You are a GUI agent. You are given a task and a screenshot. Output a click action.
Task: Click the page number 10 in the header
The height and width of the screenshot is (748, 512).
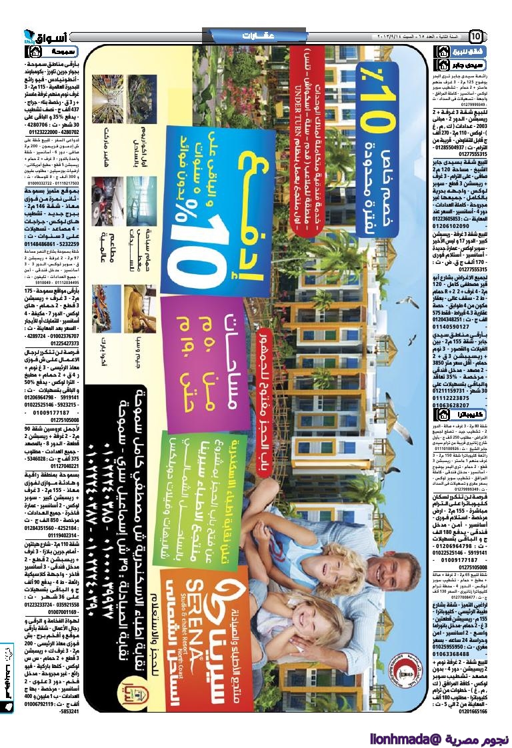(477, 36)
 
